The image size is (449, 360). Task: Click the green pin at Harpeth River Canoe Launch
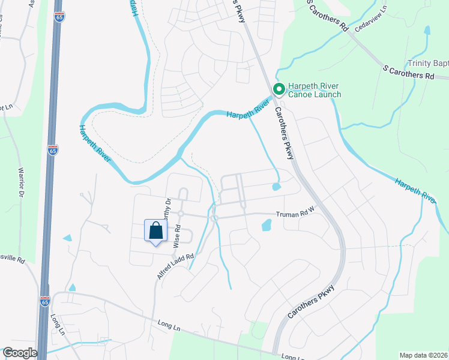(x=279, y=89)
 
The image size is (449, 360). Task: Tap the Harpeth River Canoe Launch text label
(x=315, y=90)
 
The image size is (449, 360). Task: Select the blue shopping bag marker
(x=155, y=231)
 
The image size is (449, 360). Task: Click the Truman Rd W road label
(x=295, y=214)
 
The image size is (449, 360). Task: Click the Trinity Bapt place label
(x=428, y=64)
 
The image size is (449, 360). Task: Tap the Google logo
(x=19, y=353)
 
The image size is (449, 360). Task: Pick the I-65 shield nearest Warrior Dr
(x=53, y=150)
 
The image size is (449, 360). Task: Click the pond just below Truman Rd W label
(x=267, y=226)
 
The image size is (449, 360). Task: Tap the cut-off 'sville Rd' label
(x=12, y=260)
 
